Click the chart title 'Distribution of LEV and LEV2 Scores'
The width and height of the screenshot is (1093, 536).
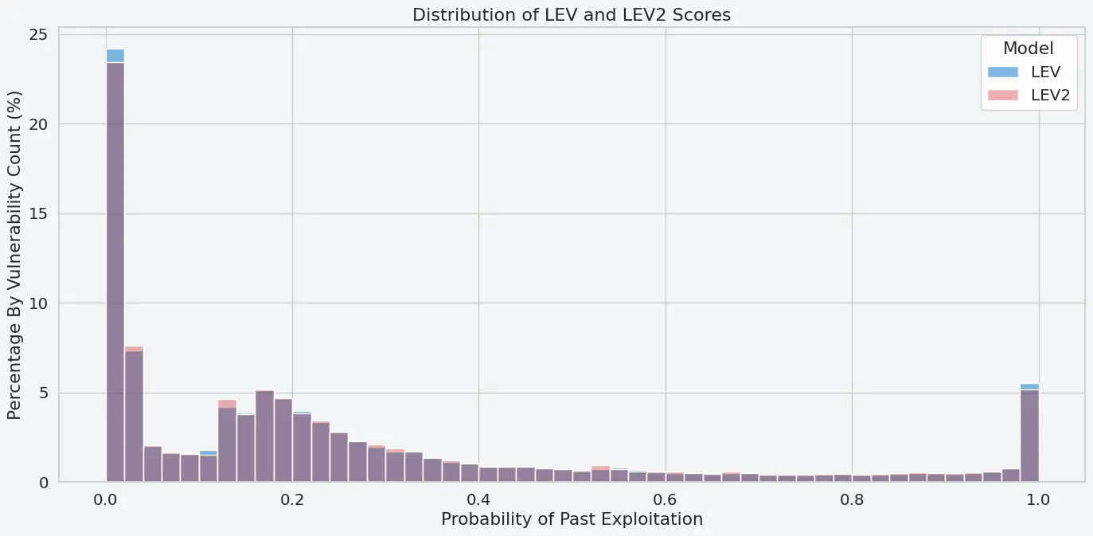pos(571,14)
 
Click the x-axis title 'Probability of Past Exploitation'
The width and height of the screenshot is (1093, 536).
pos(572,519)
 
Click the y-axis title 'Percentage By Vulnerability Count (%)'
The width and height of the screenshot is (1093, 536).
pos(15,255)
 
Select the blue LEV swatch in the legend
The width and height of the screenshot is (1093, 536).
pos(1002,72)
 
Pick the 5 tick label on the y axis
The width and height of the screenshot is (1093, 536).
pos(44,393)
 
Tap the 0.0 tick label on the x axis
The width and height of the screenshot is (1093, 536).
pos(106,499)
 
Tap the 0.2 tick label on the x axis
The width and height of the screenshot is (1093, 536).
pos(292,499)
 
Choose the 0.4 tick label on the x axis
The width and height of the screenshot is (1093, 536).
pos(478,499)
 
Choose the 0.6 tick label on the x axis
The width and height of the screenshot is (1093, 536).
pos(666,499)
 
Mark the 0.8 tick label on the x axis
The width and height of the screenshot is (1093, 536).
pos(852,499)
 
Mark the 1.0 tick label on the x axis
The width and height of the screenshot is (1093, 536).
pos(1038,499)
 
